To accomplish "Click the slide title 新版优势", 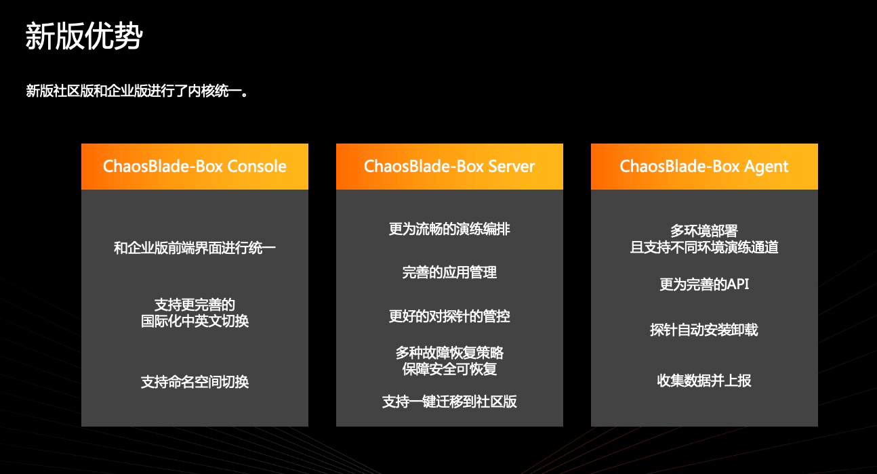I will [83, 36].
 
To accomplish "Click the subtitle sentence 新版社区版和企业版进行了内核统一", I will [138, 91].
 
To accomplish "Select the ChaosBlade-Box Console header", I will [195, 167].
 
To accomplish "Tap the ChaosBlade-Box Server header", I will [449, 167].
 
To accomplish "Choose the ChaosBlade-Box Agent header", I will [704, 167].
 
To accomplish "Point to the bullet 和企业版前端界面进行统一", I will [195, 249].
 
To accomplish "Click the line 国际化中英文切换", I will [195, 321].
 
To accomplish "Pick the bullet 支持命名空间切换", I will [195, 382].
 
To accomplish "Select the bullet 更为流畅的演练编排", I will [449, 230].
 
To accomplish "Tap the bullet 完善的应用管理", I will [449, 273].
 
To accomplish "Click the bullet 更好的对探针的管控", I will [449, 316].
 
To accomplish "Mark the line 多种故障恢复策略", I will [449, 353].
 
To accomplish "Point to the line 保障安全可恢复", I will [449, 370].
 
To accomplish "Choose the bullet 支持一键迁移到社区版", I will [449, 402].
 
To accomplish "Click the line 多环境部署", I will [704, 232].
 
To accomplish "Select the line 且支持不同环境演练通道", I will [704, 248].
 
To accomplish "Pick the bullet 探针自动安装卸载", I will [704, 330].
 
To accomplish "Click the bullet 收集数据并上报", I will [704, 381].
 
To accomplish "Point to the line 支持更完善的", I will [195, 305].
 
